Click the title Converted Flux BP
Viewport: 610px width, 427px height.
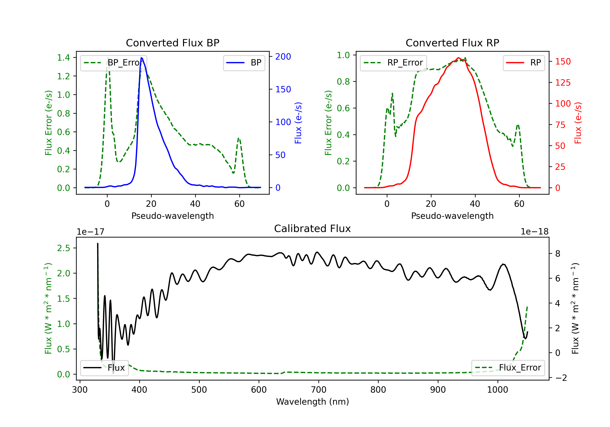172,43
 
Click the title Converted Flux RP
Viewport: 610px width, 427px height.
452,43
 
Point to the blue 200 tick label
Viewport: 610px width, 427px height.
283,57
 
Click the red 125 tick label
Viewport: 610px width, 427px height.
563,83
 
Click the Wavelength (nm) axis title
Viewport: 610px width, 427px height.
313,402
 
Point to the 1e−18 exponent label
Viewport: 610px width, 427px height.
534,232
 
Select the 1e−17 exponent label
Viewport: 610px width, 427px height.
91,232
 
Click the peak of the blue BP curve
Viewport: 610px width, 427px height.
141,58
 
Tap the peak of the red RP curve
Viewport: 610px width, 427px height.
458,58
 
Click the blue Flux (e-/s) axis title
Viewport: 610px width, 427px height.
298,123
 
